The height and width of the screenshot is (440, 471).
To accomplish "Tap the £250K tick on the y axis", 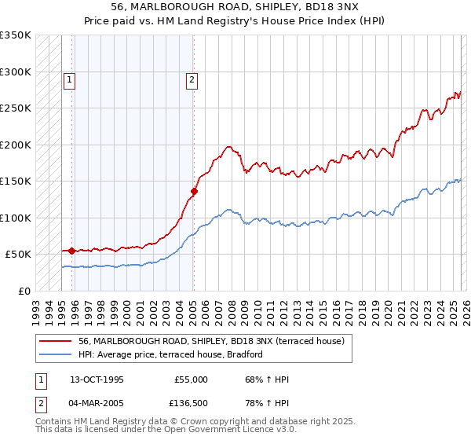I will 16,108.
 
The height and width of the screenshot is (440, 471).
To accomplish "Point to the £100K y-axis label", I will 16,218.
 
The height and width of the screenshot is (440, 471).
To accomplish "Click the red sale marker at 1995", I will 71,251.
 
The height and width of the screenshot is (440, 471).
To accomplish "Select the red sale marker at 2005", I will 194,191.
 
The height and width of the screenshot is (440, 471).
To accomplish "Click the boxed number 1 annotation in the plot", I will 69,79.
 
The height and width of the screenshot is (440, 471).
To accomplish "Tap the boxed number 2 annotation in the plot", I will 192,79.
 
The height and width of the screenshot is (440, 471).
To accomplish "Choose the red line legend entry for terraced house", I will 216,341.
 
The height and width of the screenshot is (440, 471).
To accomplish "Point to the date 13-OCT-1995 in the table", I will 97,379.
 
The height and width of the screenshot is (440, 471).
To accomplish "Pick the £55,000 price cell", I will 191,379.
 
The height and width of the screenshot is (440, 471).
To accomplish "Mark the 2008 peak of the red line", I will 228,146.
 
